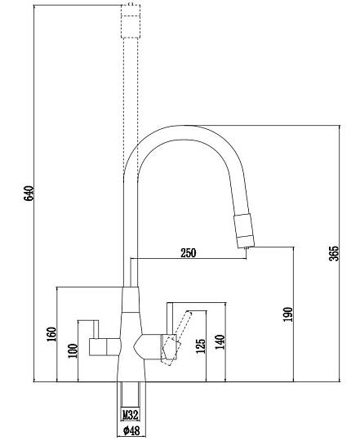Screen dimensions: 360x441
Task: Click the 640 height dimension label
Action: tap(29, 194)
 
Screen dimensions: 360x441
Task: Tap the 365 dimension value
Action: tap(334, 253)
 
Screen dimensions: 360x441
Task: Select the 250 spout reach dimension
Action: tap(189, 253)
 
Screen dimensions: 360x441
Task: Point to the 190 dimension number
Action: tap(288, 314)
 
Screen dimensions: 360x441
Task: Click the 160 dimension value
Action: tap(51, 334)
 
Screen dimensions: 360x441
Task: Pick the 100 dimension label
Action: tap(73, 350)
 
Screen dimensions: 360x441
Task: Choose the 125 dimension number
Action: tap(201, 346)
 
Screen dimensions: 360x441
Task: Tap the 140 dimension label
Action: tap(220, 341)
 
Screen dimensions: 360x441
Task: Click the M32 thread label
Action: tap(131, 414)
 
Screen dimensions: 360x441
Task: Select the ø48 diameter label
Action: tap(131, 430)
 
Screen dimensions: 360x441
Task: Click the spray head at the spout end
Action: tap(244, 231)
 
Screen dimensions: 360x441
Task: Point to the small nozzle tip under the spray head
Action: tap(247, 247)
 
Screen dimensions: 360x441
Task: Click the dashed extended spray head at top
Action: tap(131, 20)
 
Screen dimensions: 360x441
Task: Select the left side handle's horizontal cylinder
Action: tap(104, 347)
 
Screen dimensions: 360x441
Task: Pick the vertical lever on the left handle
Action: tap(96, 329)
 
